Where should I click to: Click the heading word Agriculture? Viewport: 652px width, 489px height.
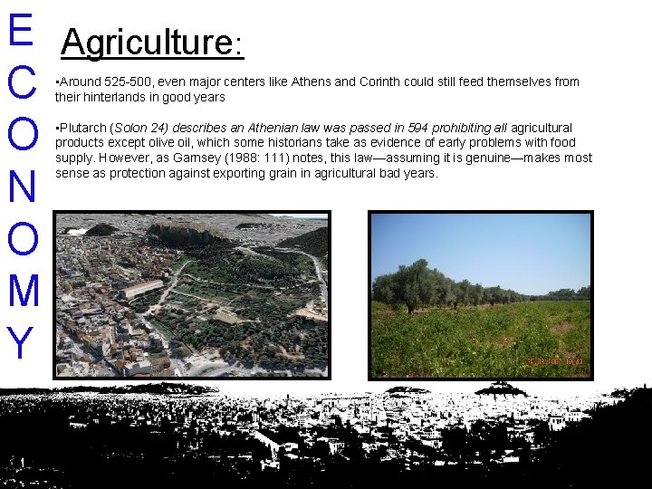147,43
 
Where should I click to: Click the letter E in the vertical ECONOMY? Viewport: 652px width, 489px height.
19,29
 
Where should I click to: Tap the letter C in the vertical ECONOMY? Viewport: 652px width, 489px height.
19,83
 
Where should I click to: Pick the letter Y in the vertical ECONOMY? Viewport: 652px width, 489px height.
19,342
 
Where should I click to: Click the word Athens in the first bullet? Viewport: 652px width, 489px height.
311,81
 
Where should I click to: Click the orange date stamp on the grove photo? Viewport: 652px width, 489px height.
553,360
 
